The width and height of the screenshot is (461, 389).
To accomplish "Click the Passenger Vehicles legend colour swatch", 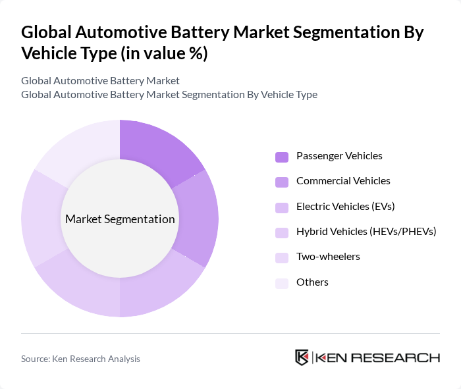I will pos(282,157).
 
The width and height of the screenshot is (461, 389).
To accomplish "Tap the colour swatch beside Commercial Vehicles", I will pos(282,182).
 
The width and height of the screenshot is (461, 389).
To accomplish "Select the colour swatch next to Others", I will pos(282,283).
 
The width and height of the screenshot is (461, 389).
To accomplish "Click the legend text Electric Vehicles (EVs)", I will pos(345,207).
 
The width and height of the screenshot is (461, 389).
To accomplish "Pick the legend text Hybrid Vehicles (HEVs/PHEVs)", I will pos(366,232).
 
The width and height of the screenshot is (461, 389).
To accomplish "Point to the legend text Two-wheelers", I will pos(328,257).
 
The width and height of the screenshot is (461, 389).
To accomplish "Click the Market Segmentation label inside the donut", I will pos(120,219).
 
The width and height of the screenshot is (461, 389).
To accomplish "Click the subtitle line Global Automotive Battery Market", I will pos(100,81).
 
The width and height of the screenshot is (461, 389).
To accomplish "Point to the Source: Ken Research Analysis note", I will pos(80,359).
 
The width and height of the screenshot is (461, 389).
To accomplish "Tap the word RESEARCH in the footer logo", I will pos(402,358).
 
